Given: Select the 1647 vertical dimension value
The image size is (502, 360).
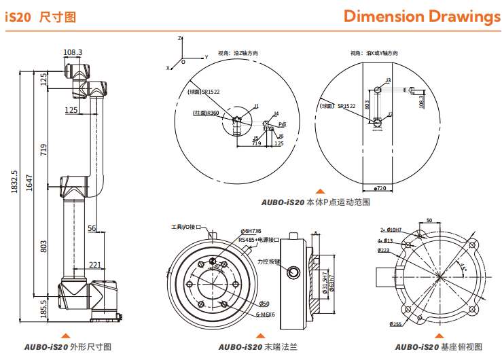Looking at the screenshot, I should [x=29, y=181].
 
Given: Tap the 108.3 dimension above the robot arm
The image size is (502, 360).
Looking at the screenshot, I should [x=73, y=52].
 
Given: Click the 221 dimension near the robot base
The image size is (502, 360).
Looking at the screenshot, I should [x=95, y=265].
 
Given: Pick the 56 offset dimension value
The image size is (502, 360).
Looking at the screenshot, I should [x=92, y=228].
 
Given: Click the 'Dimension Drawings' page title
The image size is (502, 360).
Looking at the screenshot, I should [x=421, y=16].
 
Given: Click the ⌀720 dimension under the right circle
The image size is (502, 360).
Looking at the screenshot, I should [x=380, y=187].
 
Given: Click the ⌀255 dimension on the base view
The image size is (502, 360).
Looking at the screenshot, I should [x=395, y=324].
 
